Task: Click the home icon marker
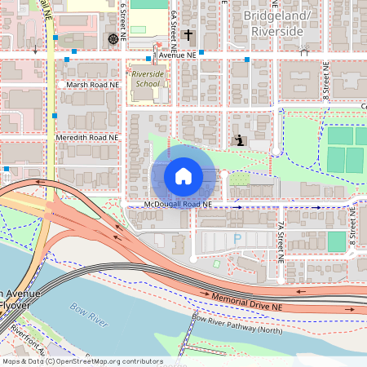tap(183, 176)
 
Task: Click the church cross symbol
tap(188, 35)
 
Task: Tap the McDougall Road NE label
tap(177, 203)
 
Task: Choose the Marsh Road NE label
tap(87, 84)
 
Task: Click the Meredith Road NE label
tap(86, 139)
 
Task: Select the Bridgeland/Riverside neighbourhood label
tap(273, 24)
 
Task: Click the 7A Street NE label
tap(279, 241)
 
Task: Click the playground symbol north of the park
tap(238, 140)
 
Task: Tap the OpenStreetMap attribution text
tap(83, 361)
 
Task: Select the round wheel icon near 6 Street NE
tap(112, 38)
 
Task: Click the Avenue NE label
tap(178, 55)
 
